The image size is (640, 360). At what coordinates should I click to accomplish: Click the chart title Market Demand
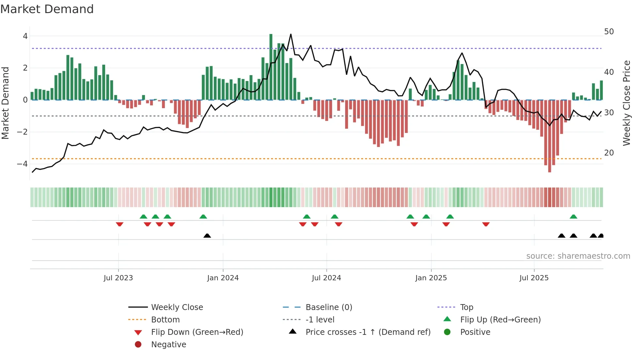pyautogui.click(x=47, y=9)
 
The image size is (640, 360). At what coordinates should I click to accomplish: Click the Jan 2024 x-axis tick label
pyautogui.click(x=223, y=278)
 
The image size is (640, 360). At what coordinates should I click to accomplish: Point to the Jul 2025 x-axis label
pyautogui.click(x=534, y=278)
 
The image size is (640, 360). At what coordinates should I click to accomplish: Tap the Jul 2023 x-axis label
pyautogui.click(x=118, y=278)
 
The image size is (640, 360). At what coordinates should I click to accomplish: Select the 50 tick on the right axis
pyautogui.click(x=609, y=32)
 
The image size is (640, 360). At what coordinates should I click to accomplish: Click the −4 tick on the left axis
pyautogui.click(x=23, y=164)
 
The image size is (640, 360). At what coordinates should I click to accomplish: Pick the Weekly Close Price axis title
pyautogui.click(x=626, y=103)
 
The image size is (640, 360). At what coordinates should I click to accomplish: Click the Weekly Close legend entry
pyautogui.click(x=177, y=307)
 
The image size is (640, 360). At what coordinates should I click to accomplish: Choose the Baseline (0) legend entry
pyautogui.click(x=328, y=307)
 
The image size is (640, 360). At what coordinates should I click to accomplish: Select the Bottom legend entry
pyautogui.click(x=165, y=319)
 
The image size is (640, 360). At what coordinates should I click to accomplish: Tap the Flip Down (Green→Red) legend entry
pyautogui.click(x=197, y=332)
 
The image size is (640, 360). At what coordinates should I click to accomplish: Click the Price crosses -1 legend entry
pyautogui.click(x=368, y=332)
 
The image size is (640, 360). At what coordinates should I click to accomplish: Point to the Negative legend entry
pyautogui.click(x=168, y=344)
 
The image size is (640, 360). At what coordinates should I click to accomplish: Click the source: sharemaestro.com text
pyautogui.click(x=578, y=256)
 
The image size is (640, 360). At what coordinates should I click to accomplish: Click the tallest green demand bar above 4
pyautogui.click(x=271, y=65)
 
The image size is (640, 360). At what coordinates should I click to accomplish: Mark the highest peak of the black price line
pyautogui.click(x=291, y=34)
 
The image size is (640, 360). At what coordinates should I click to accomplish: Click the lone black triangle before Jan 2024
pyautogui.click(x=207, y=236)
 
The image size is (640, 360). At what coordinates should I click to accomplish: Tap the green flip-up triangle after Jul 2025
pyautogui.click(x=573, y=217)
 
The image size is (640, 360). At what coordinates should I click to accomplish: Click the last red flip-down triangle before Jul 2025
pyautogui.click(x=486, y=224)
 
